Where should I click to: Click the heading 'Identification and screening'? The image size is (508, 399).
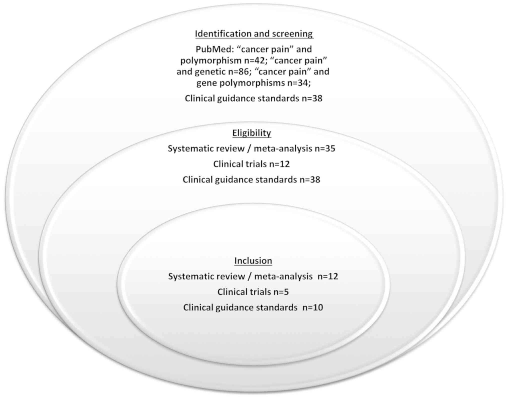point(254,34)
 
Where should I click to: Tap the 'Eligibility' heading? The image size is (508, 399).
point(252,133)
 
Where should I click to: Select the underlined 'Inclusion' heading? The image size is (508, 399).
point(253,261)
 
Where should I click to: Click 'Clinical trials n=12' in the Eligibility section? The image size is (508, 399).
point(251,164)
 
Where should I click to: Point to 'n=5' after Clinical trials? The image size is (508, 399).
point(281,292)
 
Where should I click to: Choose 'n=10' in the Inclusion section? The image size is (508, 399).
point(313,308)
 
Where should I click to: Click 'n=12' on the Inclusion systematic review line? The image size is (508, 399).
point(328,277)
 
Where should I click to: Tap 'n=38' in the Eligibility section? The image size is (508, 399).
point(310,180)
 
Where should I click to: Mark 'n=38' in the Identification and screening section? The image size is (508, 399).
point(312,99)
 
